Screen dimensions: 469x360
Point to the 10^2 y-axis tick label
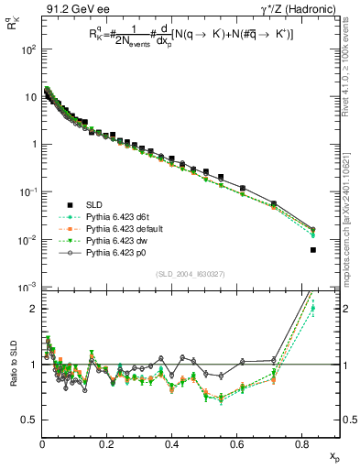pyautogui.click(x=27, y=49)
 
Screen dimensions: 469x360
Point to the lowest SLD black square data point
pyautogui.click(x=313, y=250)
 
